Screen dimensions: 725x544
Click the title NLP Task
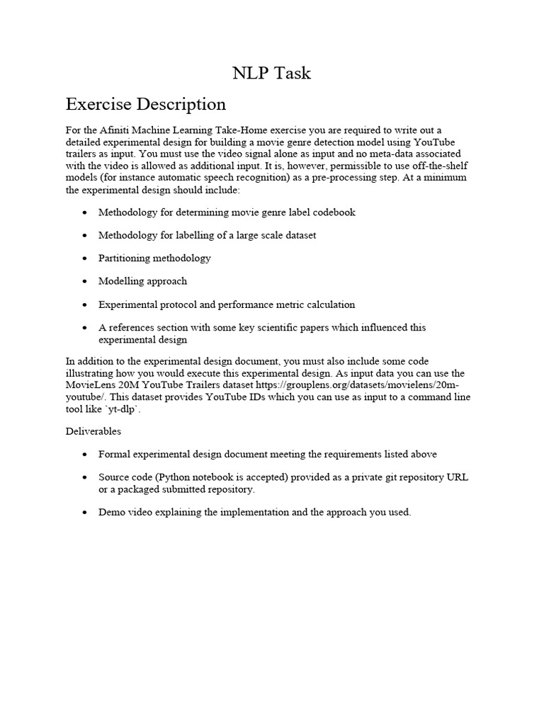click(x=272, y=73)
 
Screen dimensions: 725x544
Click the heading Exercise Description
click(x=146, y=104)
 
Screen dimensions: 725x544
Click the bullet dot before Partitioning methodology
click(x=86, y=258)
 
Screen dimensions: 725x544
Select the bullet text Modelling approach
click(x=142, y=281)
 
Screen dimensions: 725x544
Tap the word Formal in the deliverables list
click(x=115, y=454)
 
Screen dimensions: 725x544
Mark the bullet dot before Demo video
click(x=86, y=512)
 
